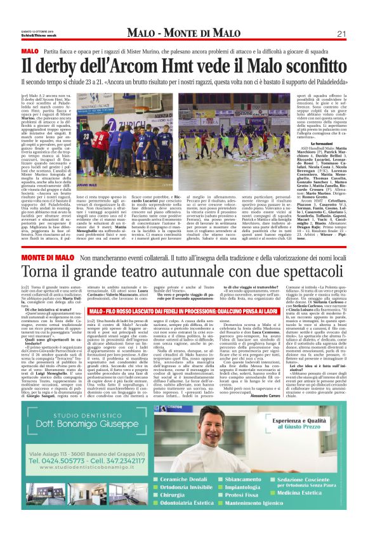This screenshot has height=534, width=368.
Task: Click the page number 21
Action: [x=341, y=34]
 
